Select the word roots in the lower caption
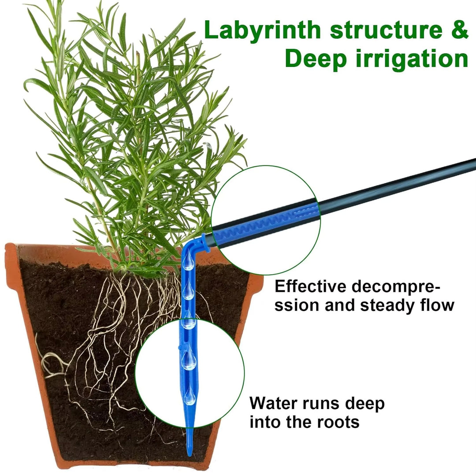click(337, 422)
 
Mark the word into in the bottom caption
click(265, 422)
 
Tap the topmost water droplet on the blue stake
click(189, 264)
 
